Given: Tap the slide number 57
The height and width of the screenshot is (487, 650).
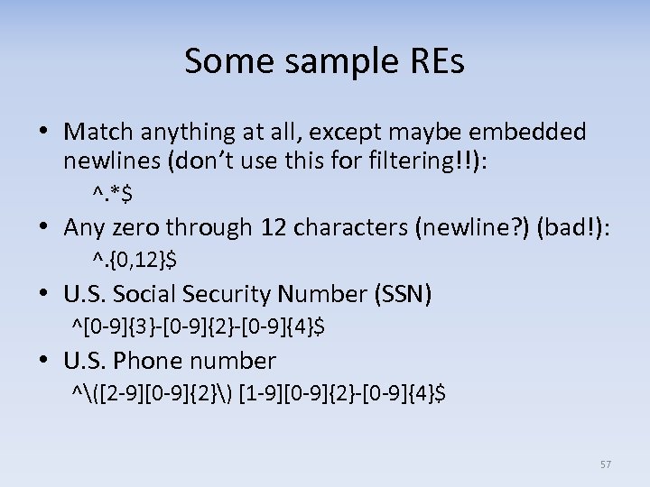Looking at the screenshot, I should (605, 464).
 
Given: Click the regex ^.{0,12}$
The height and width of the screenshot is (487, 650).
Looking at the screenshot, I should (134, 261).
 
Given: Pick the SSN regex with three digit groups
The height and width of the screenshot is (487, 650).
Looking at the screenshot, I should (198, 326).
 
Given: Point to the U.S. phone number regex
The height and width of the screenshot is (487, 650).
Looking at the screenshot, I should (258, 393).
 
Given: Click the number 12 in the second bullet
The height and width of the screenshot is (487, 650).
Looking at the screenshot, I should (271, 228).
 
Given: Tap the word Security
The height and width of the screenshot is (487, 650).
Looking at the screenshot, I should (218, 294).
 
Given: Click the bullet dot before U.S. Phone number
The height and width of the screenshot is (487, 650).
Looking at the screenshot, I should (44, 362).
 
